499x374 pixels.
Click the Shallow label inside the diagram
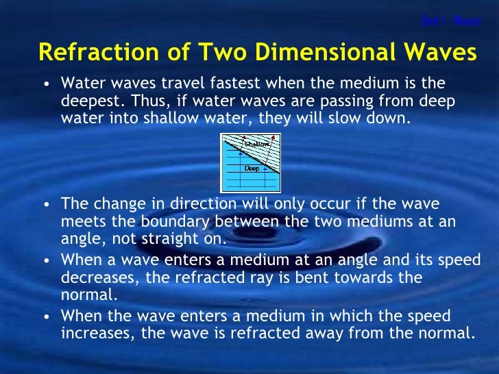click(x=256, y=145)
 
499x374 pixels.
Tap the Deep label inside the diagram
click(x=252, y=168)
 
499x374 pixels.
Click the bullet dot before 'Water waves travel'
click(x=45, y=85)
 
